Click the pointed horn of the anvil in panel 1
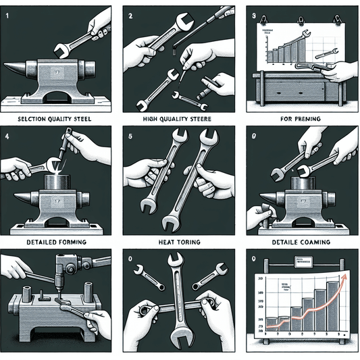coord(15,68)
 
